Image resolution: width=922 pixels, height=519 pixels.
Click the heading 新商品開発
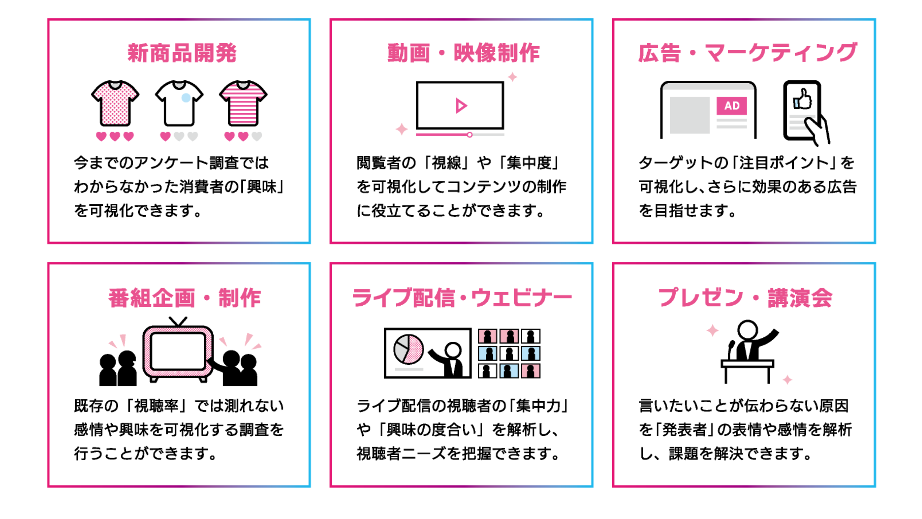[x=182, y=53]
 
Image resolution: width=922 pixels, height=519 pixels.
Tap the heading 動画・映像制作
[x=463, y=53]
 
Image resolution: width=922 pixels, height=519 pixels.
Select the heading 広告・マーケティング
[x=747, y=53]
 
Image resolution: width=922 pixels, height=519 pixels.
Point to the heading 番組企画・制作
[x=184, y=298]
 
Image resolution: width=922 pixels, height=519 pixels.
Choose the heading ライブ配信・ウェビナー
[x=462, y=298]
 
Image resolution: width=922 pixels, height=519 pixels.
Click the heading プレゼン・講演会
[x=745, y=298]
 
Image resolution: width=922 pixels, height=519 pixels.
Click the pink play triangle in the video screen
[x=461, y=106]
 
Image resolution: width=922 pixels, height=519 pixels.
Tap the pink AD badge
[x=731, y=106]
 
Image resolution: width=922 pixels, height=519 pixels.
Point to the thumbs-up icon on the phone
[x=802, y=99]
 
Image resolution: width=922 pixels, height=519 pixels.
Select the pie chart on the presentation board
[x=408, y=349]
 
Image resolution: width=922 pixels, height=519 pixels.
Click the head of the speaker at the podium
[x=747, y=329]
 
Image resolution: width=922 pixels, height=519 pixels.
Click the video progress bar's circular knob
[x=470, y=135]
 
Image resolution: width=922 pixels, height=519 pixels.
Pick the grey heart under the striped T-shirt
[x=257, y=136]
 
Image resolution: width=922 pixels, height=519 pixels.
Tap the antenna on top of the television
[x=178, y=321]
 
